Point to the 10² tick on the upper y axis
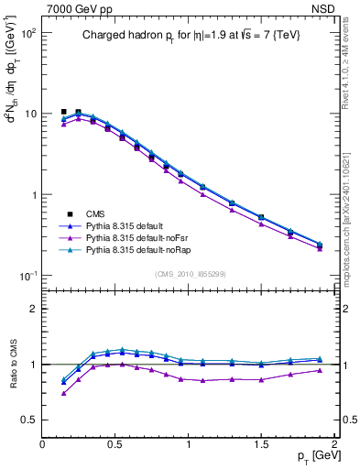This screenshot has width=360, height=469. (27, 32)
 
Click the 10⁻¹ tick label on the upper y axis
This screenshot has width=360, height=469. (27, 276)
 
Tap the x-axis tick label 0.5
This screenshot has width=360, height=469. (115, 444)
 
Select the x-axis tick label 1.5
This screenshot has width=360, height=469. (261, 444)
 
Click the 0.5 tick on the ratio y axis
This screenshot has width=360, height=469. (29, 420)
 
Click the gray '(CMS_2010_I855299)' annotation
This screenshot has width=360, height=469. (190, 274)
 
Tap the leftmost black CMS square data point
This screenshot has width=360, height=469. (63, 112)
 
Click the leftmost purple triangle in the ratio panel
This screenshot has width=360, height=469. (63, 393)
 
